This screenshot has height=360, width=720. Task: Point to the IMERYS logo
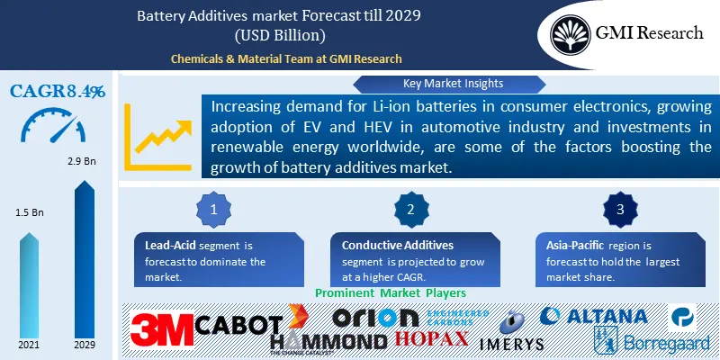[x=509, y=334]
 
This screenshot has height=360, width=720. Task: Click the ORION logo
[x=375, y=317]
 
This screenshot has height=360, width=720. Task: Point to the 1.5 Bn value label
[x=29, y=212]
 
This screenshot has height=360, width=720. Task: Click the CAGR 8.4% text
[x=57, y=90]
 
